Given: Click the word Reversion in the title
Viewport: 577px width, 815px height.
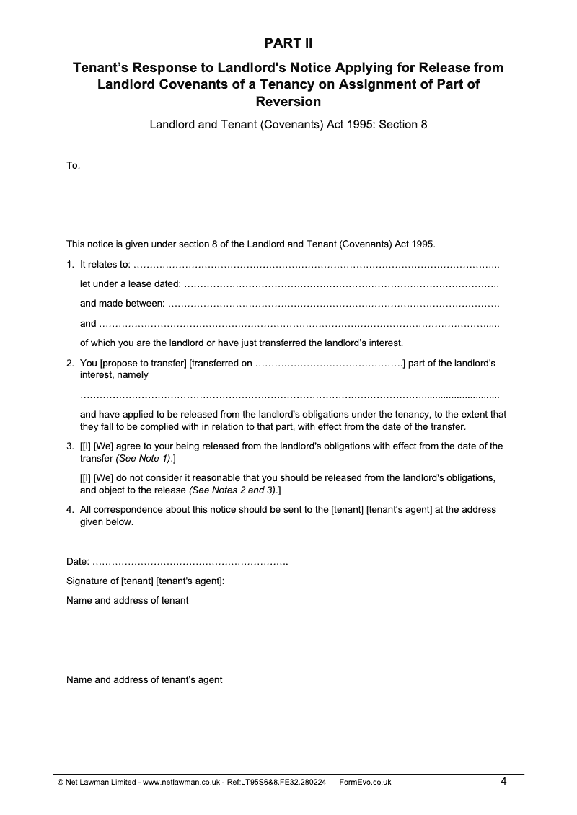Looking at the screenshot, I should click(x=288, y=101).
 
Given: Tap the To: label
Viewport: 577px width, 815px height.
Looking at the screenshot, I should click(x=73, y=166).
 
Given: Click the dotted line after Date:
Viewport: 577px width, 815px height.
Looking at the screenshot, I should click(x=190, y=562).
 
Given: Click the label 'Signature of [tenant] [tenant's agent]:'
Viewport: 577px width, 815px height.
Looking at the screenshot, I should click(x=146, y=581).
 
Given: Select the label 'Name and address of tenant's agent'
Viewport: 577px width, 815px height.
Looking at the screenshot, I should click(x=144, y=679).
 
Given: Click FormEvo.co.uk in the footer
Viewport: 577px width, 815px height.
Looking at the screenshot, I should click(x=365, y=782).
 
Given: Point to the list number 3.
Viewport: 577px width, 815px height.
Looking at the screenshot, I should click(x=69, y=446).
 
